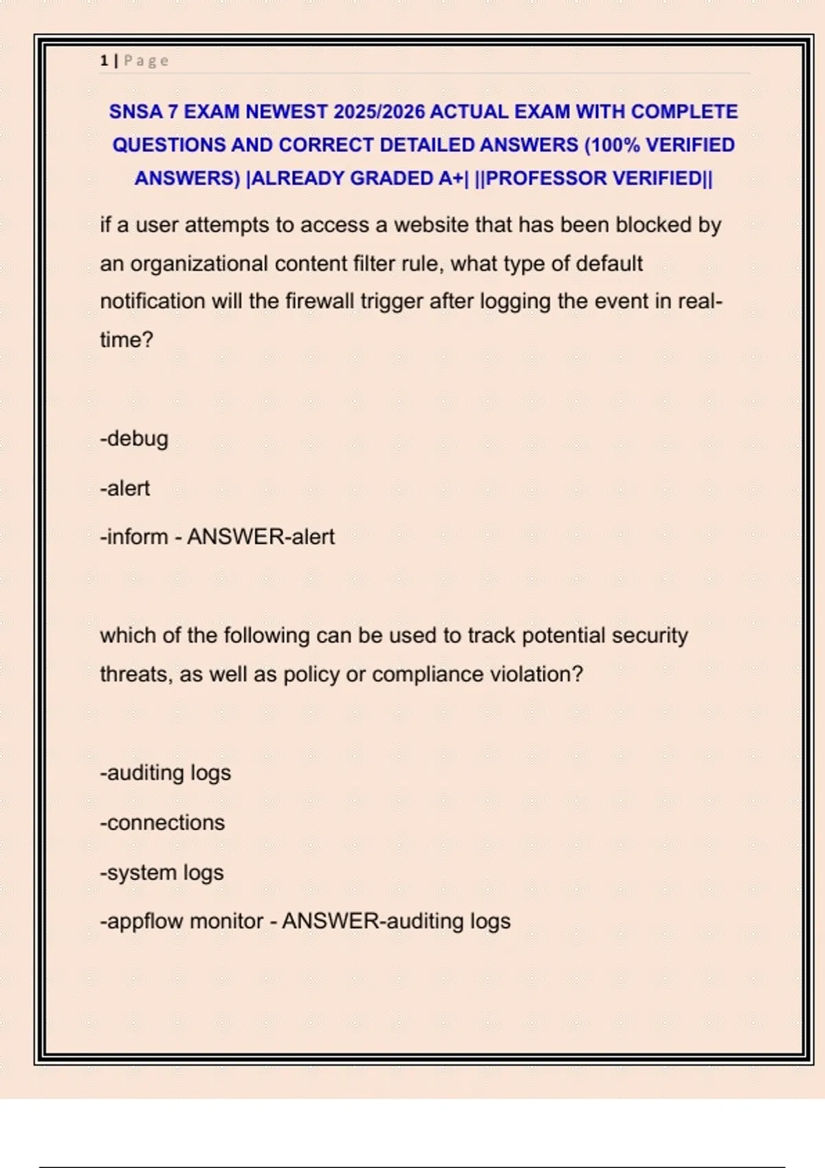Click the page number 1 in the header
104,61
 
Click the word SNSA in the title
135,112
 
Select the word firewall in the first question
319,302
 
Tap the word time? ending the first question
126,340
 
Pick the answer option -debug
134,439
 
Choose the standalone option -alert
125,488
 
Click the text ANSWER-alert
261,537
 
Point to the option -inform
134,537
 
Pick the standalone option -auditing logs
166,773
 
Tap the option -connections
162,822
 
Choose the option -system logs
162,873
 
